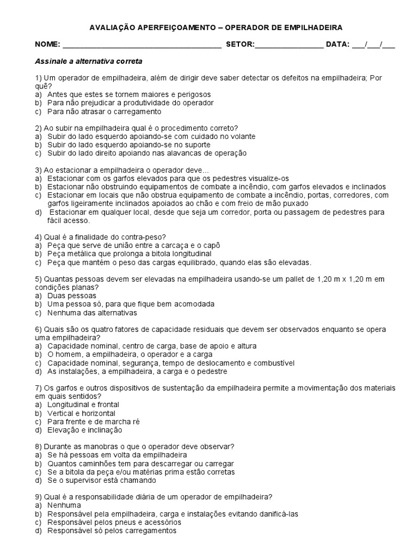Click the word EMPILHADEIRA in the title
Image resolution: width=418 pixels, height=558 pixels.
[x=315, y=27]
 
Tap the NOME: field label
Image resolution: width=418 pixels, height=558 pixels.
[x=48, y=44]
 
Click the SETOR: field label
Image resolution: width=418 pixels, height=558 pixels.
[x=239, y=44]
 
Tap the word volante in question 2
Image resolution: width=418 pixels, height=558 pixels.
[x=228, y=136]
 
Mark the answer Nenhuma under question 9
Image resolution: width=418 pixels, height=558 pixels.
[x=64, y=505]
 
